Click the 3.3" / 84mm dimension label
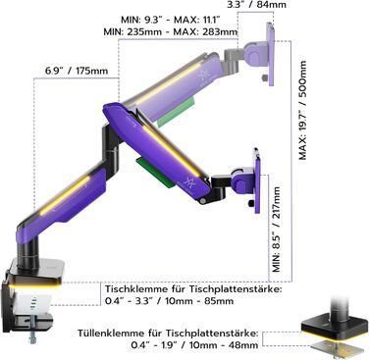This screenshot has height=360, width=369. pos(257,5)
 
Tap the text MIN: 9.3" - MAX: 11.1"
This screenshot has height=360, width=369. pos(171,20)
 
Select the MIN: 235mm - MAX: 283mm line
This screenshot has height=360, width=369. pos(171,32)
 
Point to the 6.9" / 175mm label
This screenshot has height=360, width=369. pos(77,71)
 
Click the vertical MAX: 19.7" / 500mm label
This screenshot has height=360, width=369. pos(303,110)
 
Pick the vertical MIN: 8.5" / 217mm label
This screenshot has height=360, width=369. pos(277,230)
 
